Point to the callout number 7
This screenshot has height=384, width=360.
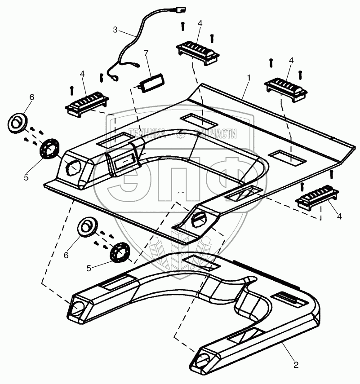(145, 53)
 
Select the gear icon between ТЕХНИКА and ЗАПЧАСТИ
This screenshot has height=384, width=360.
(180, 133)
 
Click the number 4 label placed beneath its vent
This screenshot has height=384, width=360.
(339, 216)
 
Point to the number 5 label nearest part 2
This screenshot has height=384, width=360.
(89, 268)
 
